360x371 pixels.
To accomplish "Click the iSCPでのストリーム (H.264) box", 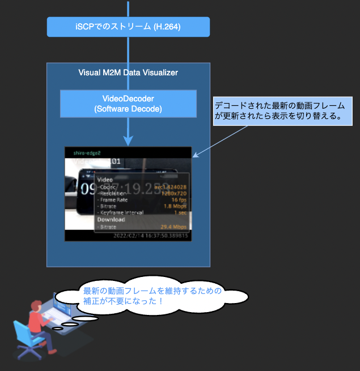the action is tap(128, 26).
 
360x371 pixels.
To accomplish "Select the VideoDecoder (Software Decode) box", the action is tap(128, 103).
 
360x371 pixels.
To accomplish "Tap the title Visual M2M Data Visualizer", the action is tap(128, 73).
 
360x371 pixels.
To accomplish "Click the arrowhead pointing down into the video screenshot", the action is tap(128, 139).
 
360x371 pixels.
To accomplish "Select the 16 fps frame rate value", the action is tap(179, 199).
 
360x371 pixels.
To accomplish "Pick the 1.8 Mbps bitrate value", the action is tap(175, 206).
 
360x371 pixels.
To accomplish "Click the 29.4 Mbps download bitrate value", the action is tap(173, 227).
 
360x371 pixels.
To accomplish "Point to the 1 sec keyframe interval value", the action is tap(180, 213).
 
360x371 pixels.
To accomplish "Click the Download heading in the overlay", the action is tap(111, 219).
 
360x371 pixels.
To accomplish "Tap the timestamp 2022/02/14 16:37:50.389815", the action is tap(150, 235).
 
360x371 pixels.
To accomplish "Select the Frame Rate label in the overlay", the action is tap(115, 199).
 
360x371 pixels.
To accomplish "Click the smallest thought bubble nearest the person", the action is tap(57, 328).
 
